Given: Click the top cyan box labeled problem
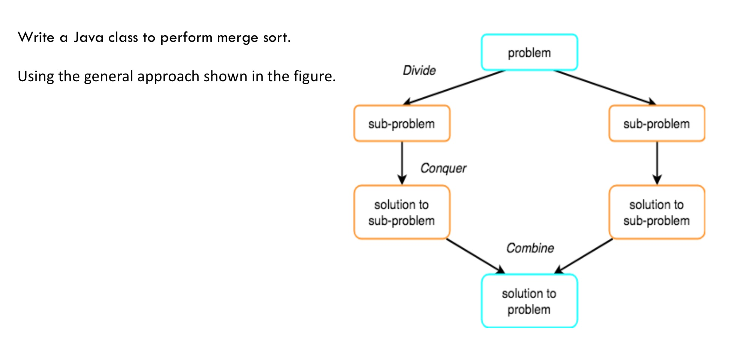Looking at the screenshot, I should (529, 52).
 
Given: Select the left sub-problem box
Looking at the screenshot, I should (401, 124).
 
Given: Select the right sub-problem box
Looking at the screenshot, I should (656, 124).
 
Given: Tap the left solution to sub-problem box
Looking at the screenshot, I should (401, 212).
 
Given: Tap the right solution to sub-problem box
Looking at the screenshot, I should (656, 212).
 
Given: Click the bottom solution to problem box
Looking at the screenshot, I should (529, 301).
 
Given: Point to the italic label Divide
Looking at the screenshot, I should (419, 70).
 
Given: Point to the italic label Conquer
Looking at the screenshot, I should (443, 168).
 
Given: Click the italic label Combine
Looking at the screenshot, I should (530, 248).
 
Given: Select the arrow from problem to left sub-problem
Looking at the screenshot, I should (454, 87).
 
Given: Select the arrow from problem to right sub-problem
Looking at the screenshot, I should (604, 87).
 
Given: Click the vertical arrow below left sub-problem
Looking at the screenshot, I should (402, 163).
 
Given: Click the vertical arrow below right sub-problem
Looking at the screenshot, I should (657, 163).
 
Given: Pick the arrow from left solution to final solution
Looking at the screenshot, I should (475, 256).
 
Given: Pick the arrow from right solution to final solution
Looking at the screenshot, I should (584, 256).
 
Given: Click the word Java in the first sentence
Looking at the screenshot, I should (88, 37).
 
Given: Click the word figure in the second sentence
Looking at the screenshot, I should (314, 77).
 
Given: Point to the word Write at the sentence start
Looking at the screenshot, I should (36, 37).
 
